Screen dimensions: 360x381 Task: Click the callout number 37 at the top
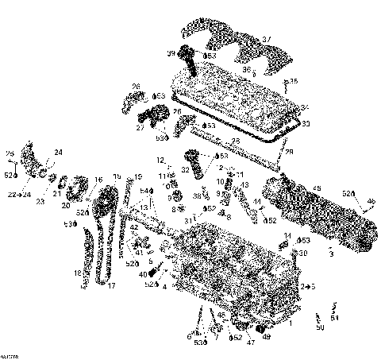point(266,40)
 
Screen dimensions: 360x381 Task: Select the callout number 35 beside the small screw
point(294,82)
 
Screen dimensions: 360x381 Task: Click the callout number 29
point(289,151)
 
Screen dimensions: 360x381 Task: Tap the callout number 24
point(57,152)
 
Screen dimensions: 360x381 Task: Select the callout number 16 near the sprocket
point(98,180)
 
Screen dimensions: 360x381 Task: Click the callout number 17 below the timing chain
point(111,285)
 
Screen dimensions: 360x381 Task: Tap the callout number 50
point(320,327)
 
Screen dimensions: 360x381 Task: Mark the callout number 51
point(334,317)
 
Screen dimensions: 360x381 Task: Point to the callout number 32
point(185,170)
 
